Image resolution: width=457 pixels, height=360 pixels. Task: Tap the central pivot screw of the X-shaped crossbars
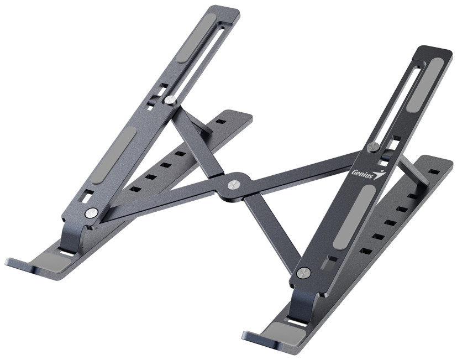pyautogui.click(x=234, y=184)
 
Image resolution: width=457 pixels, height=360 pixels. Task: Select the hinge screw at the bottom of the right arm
pyautogui.click(x=302, y=272)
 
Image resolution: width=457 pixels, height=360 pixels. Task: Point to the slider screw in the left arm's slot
pyautogui.click(x=170, y=100)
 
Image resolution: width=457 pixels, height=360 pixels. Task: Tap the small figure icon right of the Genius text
pyautogui.click(x=379, y=175)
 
